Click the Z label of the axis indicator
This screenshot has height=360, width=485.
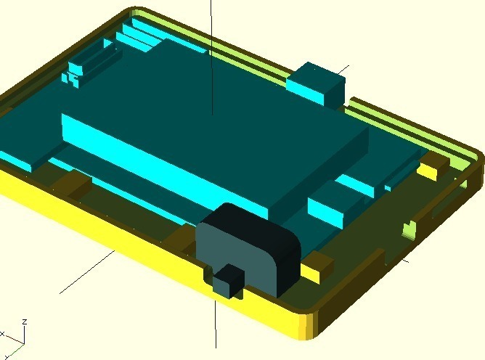coord(25,322)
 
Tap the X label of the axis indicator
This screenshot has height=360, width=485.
coord(2,334)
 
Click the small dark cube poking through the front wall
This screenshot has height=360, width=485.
coord(228,281)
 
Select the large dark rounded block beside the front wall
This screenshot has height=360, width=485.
coord(248,247)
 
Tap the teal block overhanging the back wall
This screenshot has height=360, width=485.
coord(316,84)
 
